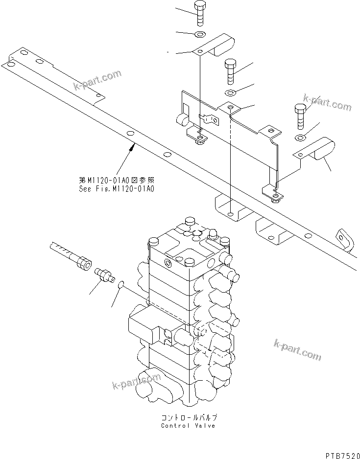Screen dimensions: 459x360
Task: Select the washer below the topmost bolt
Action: [200, 34]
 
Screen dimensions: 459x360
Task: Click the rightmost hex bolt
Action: [300, 114]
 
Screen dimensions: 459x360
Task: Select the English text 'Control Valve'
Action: [188, 425]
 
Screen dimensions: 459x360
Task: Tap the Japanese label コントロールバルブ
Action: [188, 417]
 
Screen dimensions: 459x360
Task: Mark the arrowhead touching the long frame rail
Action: [134, 144]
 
